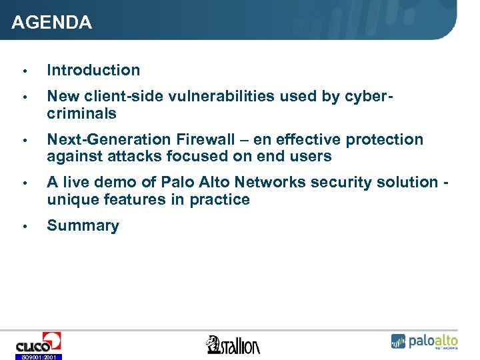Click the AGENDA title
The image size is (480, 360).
(52, 23)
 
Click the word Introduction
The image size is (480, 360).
(93, 70)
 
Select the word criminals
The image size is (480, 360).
(81, 113)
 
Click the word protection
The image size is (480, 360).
(383, 139)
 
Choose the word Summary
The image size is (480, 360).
(83, 225)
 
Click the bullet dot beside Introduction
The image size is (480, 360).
(23, 71)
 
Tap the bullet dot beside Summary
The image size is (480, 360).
(23, 226)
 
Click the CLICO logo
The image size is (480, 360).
(39, 343)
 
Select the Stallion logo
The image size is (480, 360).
(233, 345)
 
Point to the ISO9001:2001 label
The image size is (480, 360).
(39, 357)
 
